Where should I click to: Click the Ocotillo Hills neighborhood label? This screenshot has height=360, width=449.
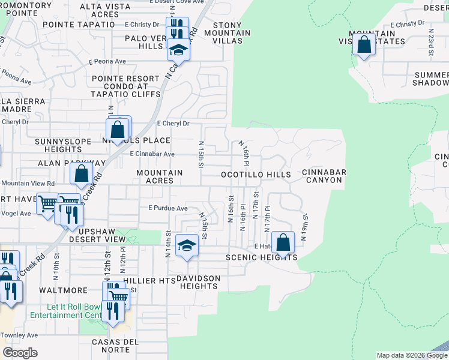click(x=256, y=175)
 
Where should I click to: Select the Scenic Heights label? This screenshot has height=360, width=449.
click(x=262, y=257)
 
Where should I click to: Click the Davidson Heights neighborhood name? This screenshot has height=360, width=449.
click(x=199, y=282)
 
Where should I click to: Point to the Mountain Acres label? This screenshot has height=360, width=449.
click(x=159, y=176)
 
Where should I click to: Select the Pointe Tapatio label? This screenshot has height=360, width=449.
click(x=79, y=24)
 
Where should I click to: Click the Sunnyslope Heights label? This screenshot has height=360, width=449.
click(x=62, y=145)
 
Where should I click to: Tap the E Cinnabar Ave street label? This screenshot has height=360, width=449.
click(x=152, y=154)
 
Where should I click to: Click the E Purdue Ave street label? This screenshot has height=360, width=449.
click(x=168, y=208)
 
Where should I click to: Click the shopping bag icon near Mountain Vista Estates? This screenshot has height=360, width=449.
click(x=364, y=44)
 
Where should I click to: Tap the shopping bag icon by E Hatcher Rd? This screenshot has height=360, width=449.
click(x=283, y=243)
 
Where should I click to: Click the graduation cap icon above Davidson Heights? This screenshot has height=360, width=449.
click(x=187, y=245)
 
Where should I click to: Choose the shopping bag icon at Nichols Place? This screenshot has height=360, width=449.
click(x=118, y=128)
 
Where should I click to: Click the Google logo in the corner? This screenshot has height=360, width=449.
click(x=20, y=353)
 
